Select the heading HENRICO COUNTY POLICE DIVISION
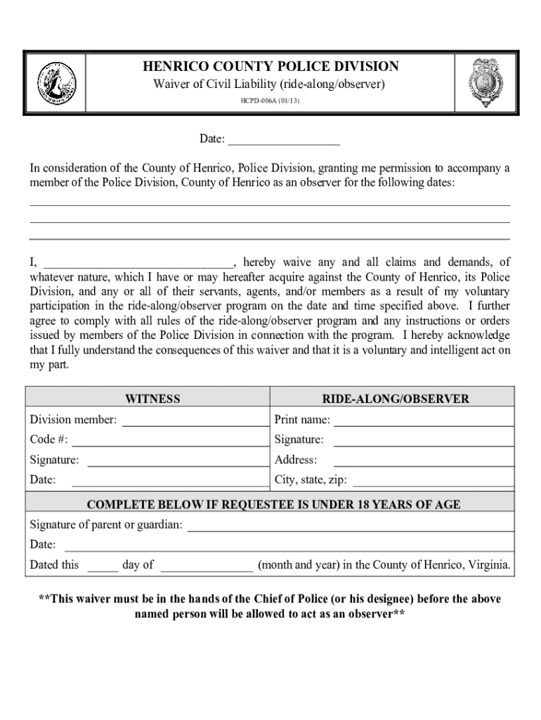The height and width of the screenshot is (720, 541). click(270, 67)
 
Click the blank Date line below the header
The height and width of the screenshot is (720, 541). click(284, 140)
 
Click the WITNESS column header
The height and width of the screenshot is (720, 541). click(152, 399)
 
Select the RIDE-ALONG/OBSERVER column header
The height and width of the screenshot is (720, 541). click(395, 399)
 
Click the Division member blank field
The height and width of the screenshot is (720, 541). click(195, 420)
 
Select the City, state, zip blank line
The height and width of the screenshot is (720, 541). click(432, 481)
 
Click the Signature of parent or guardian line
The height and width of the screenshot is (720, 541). click(350, 525)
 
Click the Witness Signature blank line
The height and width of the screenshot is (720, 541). click(177, 461)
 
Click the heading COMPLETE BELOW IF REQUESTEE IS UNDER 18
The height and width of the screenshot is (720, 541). click(273, 505)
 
